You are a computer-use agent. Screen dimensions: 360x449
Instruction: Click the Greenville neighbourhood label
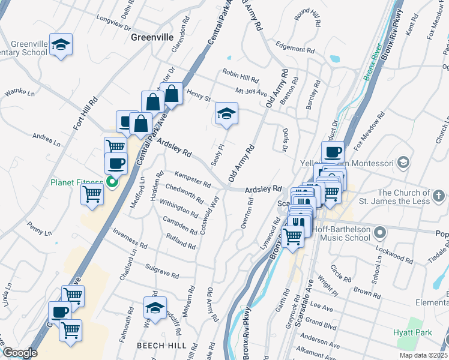click(152, 37)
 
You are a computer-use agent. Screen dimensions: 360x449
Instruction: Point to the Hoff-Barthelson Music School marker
click(379, 232)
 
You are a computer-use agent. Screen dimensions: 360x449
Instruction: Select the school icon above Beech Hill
click(155, 308)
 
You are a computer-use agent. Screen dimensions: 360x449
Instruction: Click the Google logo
click(20, 352)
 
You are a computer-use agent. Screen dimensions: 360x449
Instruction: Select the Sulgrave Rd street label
click(162, 271)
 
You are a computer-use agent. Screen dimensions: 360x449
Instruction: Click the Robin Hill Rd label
click(240, 79)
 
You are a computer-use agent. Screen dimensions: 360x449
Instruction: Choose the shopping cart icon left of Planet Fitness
click(92, 194)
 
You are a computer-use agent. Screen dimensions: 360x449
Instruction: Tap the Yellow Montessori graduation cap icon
click(403, 163)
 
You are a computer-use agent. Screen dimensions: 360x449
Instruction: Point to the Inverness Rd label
click(130, 239)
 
